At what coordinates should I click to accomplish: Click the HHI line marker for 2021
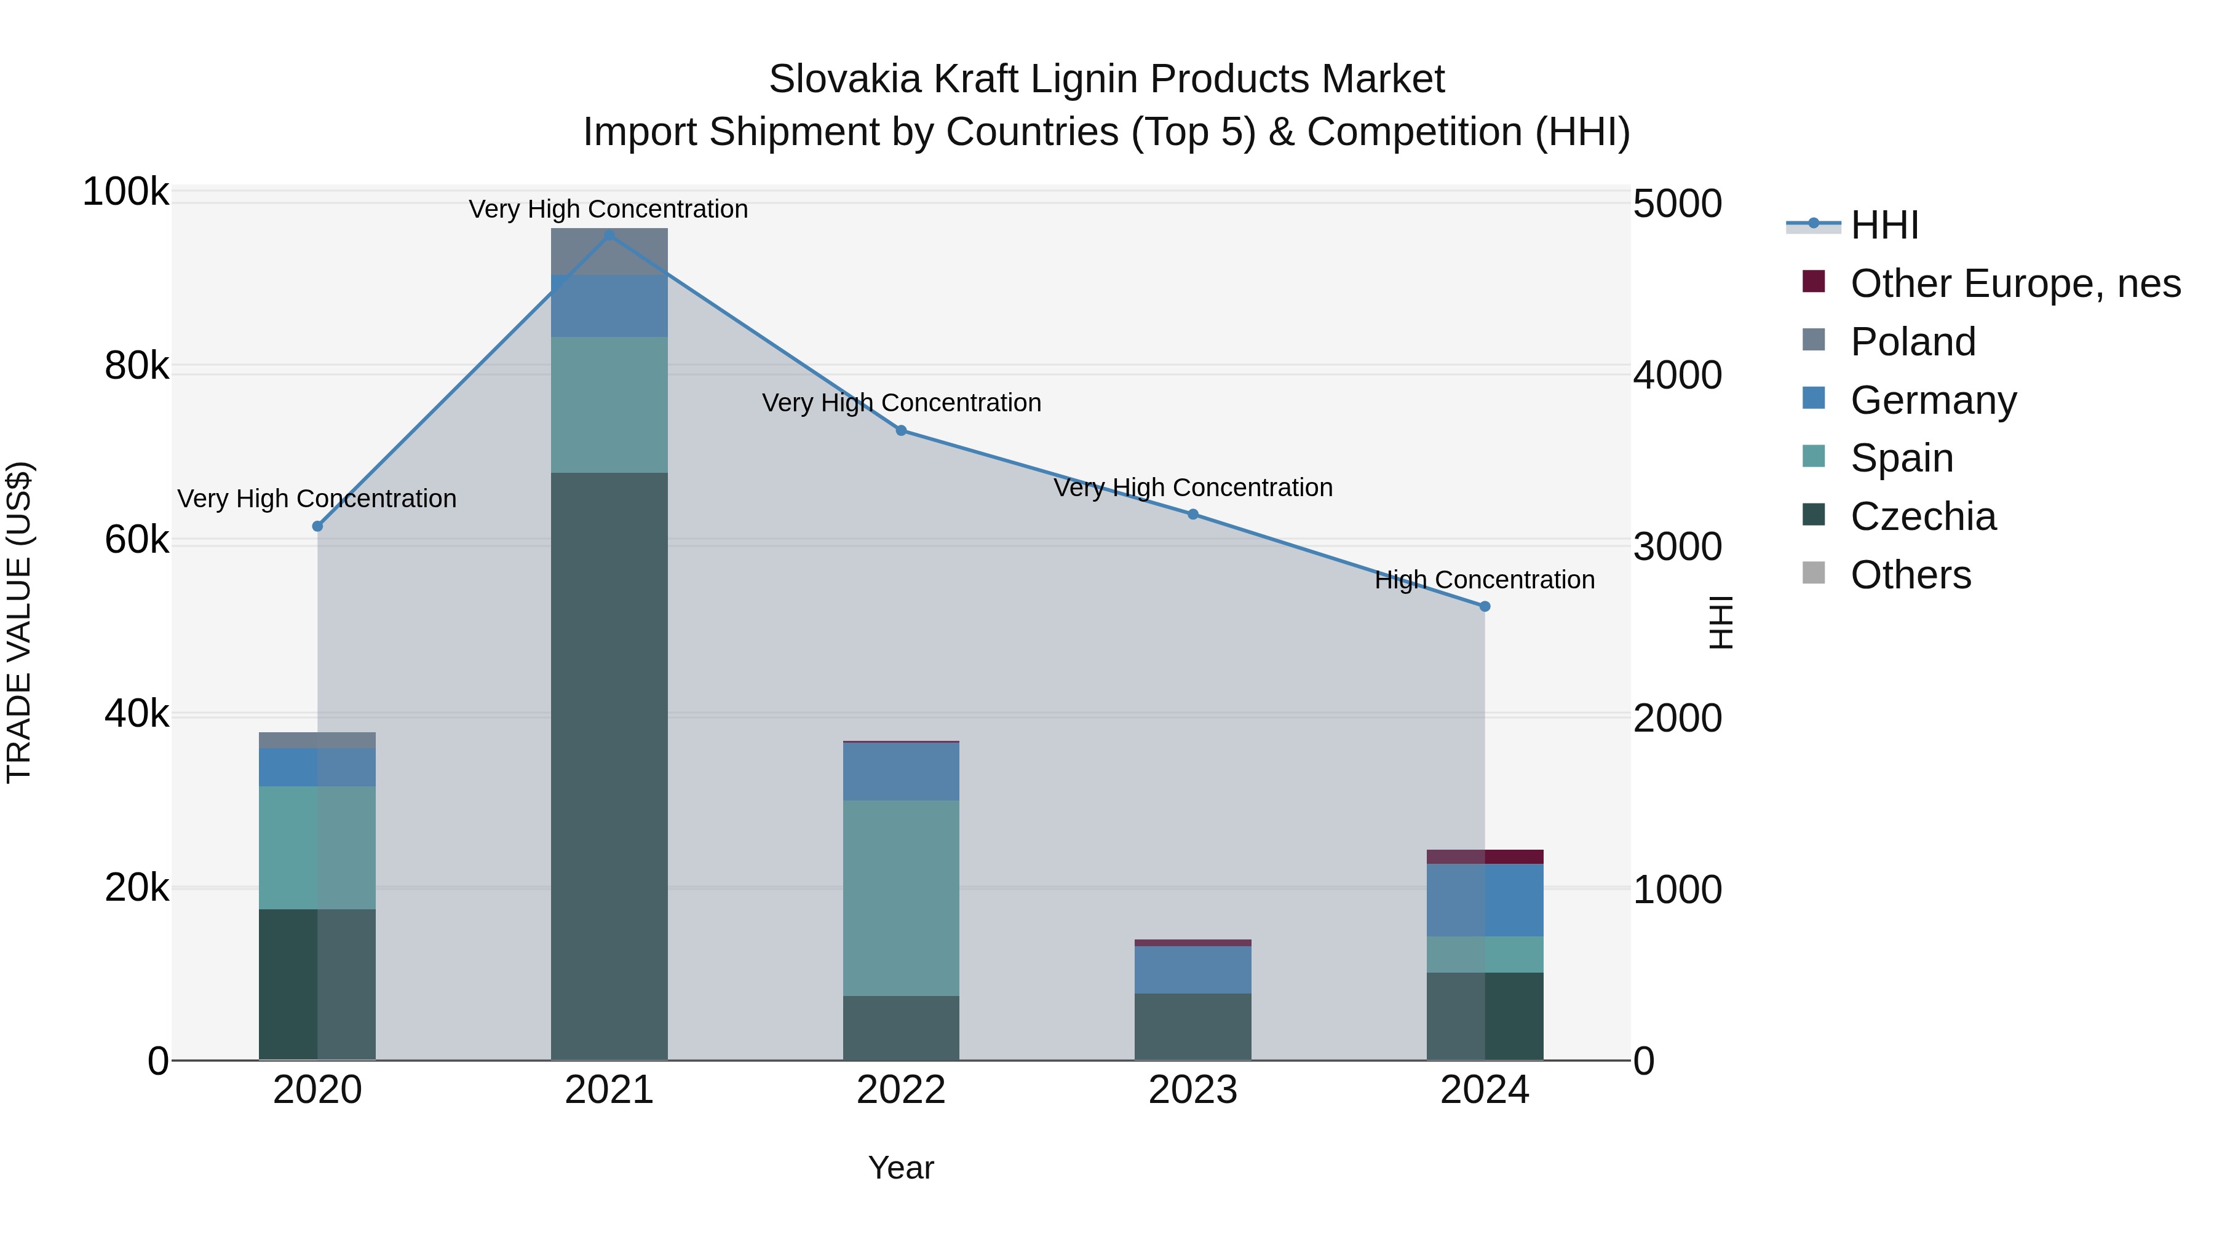[609, 235]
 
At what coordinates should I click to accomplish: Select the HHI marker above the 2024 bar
[1485, 607]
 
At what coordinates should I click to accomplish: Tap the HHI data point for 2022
[901, 430]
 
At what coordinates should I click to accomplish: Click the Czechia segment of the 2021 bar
[609, 765]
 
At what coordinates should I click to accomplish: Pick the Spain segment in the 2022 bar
[901, 898]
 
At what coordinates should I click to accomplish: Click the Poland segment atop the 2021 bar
[609, 251]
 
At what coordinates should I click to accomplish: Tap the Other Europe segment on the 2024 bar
[1485, 856]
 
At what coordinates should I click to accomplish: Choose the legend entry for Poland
[1912, 342]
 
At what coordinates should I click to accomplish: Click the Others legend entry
[1910, 575]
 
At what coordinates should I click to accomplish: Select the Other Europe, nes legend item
[2015, 283]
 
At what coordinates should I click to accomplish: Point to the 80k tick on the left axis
[136, 367]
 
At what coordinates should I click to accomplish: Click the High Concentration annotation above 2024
[1485, 580]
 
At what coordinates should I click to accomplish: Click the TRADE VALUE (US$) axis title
[19, 622]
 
